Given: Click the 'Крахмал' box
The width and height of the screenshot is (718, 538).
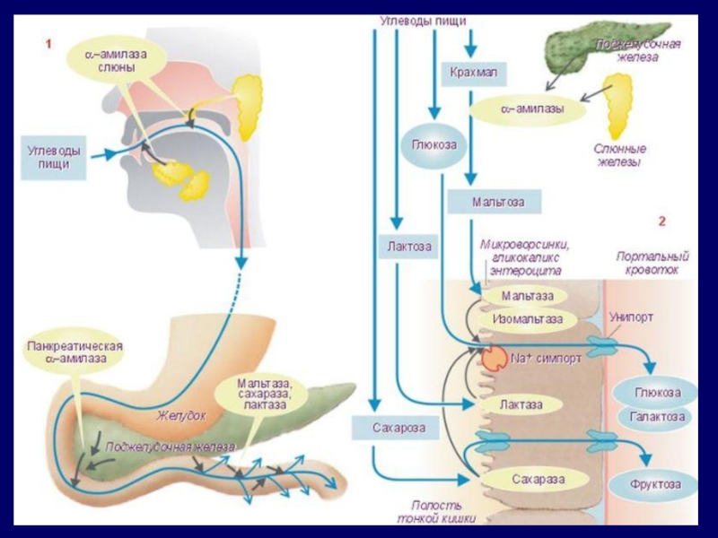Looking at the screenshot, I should tap(472, 71).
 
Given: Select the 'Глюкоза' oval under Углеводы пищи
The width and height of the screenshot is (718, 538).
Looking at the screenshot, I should tap(433, 145).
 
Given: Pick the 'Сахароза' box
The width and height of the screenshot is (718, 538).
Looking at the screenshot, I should tap(399, 428).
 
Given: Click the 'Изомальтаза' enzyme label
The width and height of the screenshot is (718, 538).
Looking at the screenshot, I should tap(528, 318).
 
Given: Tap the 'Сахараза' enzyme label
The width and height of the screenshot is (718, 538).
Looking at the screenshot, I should tap(538, 480).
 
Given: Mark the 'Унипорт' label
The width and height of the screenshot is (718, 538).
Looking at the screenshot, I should tap(631, 317).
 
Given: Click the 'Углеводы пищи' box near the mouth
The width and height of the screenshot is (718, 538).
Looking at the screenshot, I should tap(53, 158).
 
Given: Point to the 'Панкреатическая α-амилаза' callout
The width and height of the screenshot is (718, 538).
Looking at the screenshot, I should tap(74, 352).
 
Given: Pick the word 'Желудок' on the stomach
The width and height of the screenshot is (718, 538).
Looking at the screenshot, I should tap(182, 416).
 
